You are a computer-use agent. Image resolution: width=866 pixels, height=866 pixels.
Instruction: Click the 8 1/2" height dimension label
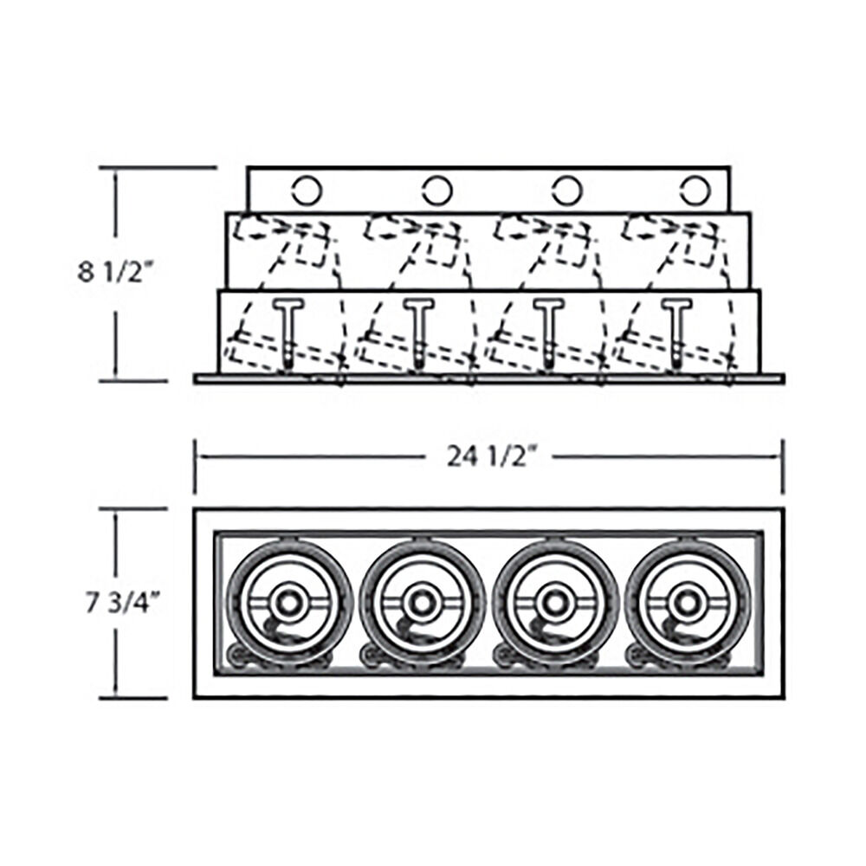pos(115,272)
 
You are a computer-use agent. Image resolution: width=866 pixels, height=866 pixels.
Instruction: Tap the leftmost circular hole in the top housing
pos(307,191)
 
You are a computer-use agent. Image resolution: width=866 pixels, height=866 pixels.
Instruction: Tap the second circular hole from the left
pos(437,191)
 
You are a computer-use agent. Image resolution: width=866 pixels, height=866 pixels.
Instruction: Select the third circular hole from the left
pos(567,191)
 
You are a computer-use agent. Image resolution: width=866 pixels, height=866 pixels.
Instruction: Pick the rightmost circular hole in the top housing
pos(695,191)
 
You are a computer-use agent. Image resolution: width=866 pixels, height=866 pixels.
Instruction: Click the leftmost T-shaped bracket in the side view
pos(289,333)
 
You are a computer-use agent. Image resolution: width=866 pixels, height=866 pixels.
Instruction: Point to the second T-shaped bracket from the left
pos(418,333)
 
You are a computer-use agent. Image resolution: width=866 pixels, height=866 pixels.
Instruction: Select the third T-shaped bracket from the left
pos(549,333)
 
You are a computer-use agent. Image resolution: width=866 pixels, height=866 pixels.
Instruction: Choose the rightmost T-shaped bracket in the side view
pos(677,333)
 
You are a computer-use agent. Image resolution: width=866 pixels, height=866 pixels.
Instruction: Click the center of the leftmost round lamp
pos(288,601)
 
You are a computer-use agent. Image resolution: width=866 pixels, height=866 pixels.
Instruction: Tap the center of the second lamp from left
pos(422,601)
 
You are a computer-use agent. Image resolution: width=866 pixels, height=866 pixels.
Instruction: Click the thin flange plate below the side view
pos(488,379)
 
